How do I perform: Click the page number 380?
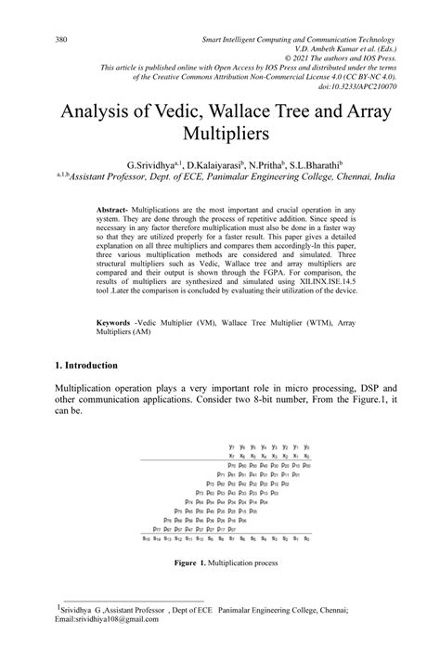pyautogui.click(x=62, y=41)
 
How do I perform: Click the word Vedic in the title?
pyautogui.click(x=175, y=111)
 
